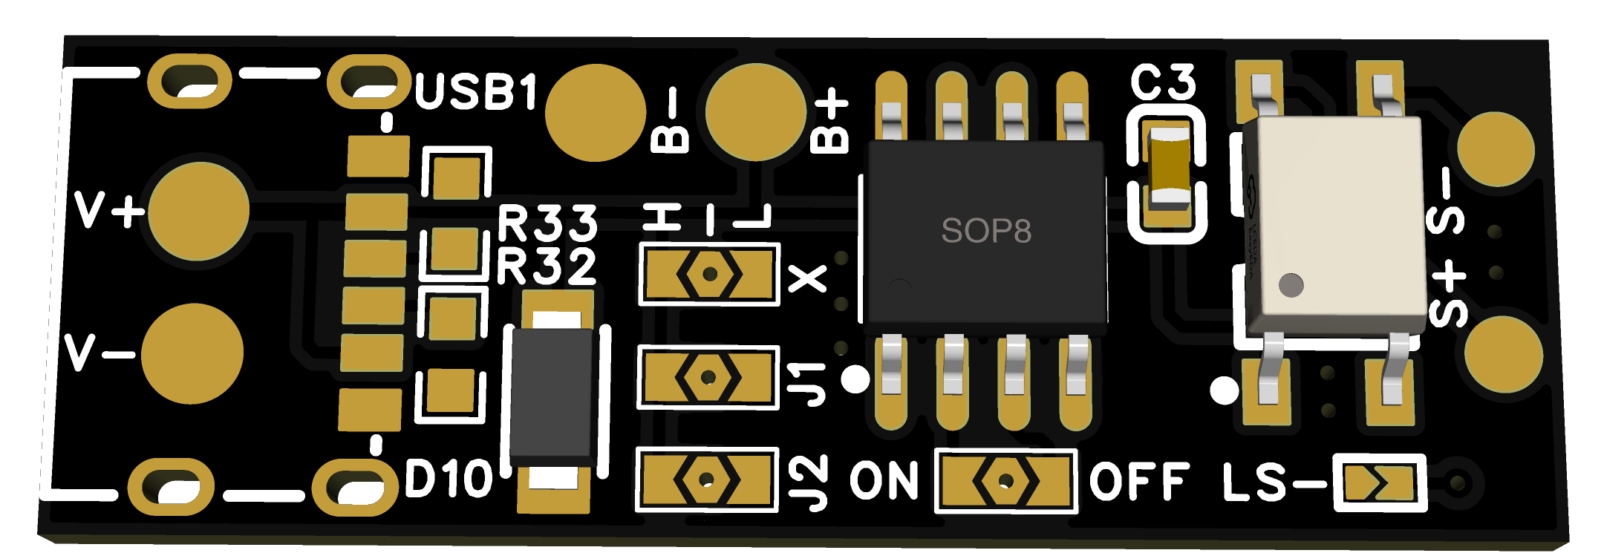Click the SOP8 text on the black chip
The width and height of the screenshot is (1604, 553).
pos(985,231)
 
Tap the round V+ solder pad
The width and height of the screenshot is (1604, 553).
pos(199,212)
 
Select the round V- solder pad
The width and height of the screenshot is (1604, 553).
pos(192,354)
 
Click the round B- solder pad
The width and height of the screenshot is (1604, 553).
pos(595,112)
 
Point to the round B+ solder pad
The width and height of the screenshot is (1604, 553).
pos(755,112)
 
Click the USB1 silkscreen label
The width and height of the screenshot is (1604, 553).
pos(475,91)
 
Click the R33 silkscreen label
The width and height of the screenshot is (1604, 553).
pos(547,223)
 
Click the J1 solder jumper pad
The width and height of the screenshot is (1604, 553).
pos(708,378)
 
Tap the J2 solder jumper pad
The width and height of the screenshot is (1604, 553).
pos(706,480)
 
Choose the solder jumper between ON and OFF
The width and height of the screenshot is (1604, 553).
pos(1005,481)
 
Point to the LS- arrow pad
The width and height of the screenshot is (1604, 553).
pos(1379,483)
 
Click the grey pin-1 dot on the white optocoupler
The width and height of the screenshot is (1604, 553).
pos(1291,284)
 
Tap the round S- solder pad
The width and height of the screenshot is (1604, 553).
pos(1496,149)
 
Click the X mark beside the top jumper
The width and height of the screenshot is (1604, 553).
pos(808,279)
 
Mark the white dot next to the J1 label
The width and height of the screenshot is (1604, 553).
pos(855,380)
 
